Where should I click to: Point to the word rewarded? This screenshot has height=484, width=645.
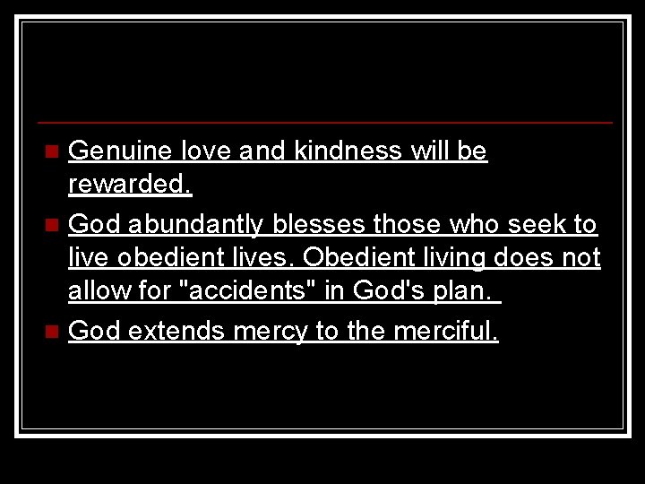tap(130, 186)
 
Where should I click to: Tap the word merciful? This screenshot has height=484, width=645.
tap(445, 331)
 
